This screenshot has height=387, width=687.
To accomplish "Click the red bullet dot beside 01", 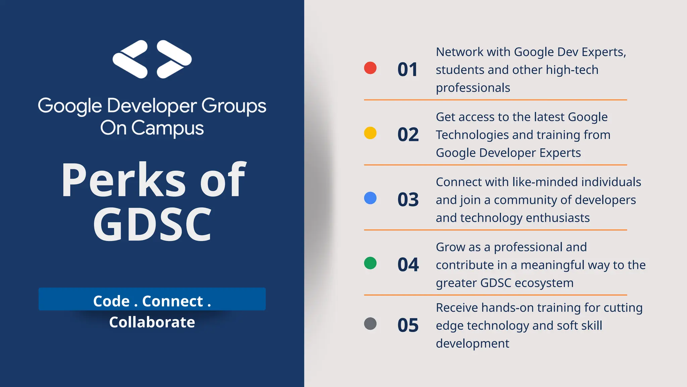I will pyautogui.click(x=370, y=68).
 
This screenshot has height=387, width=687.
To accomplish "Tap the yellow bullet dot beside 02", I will pyautogui.click(x=370, y=133).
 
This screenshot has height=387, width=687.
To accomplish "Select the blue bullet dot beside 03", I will pyautogui.click(x=370, y=198).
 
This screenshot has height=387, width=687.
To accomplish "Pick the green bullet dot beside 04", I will pyautogui.click(x=370, y=263).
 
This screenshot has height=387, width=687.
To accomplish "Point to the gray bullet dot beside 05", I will pyautogui.click(x=370, y=324).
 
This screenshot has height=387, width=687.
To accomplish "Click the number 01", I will pyautogui.click(x=408, y=70).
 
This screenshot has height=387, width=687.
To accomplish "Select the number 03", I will pyautogui.click(x=408, y=200).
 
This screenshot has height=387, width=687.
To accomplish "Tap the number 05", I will pyautogui.click(x=408, y=325).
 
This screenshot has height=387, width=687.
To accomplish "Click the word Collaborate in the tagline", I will pyautogui.click(x=152, y=322).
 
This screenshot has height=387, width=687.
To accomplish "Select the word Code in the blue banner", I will pyautogui.click(x=111, y=301).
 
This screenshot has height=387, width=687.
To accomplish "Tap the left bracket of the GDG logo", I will pyautogui.click(x=130, y=59).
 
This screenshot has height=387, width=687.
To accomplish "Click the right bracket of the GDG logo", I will pyautogui.click(x=174, y=59).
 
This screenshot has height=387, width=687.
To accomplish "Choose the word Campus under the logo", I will pyautogui.click(x=167, y=128).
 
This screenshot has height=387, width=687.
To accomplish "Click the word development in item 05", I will pyautogui.click(x=472, y=344).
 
